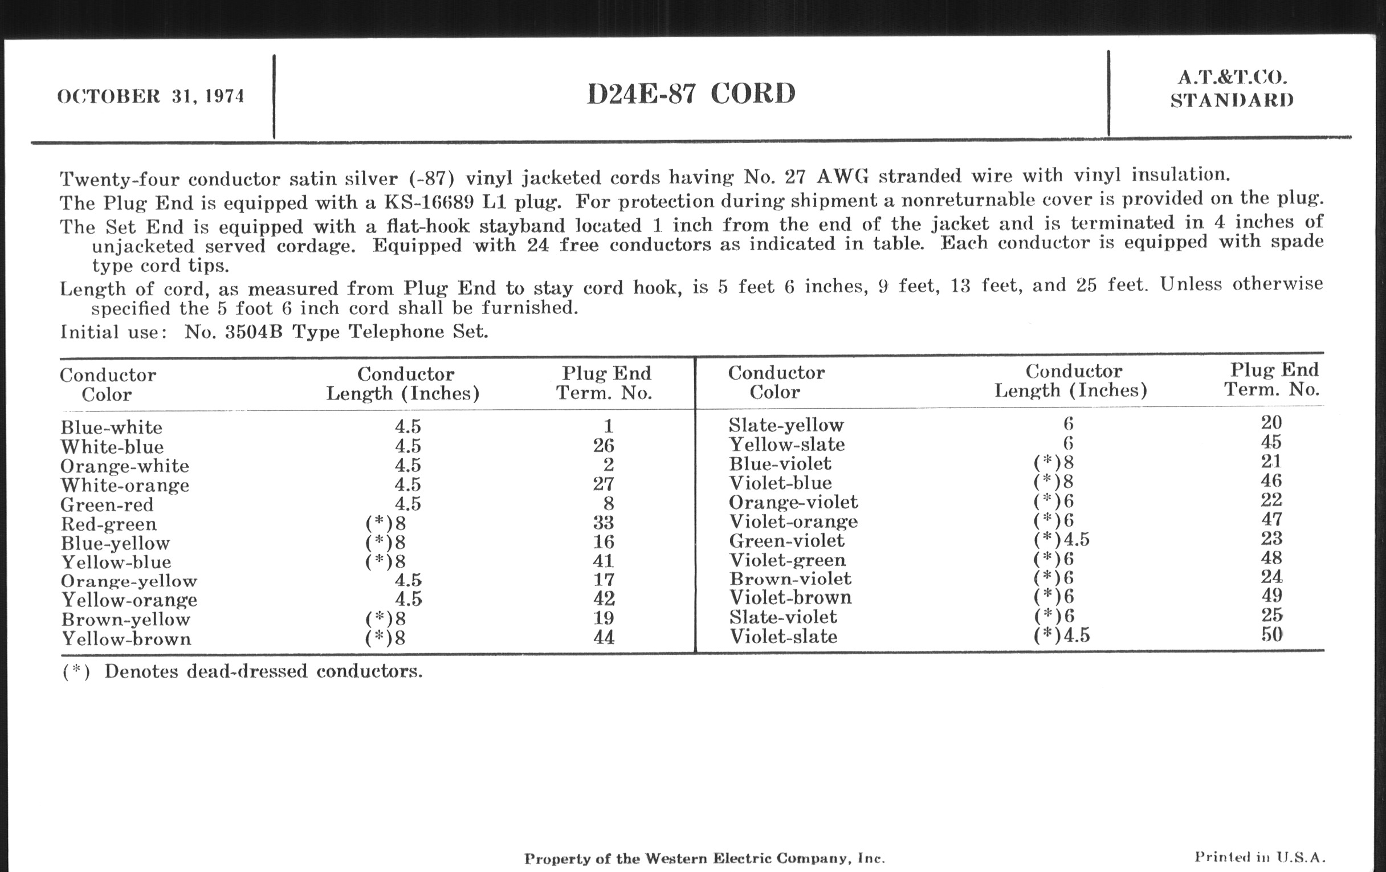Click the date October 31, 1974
pyautogui.click(x=151, y=96)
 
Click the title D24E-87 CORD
pyautogui.click(x=691, y=94)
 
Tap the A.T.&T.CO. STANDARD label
pyautogui.click(x=1232, y=89)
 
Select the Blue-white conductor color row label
pyautogui.click(x=111, y=427)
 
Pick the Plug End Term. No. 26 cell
pyautogui.click(x=603, y=446)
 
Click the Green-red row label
pyautogui.click(x=107, y=505)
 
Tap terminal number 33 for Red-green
pyautogui.click(x=603, y=523)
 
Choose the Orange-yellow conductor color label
pyautogui.click(x=129, y=581)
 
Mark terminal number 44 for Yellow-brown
pyautogui.click(x=603, y=637)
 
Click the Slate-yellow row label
pyautogui.click(x=786, y=425)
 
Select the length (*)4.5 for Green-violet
pyautogui.click(x=1061, y=539)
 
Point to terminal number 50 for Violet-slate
pyautogui.click(x=1271, y=634)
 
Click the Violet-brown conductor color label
pyautogui.click(x=790, y=597)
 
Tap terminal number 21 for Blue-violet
pyautogui.click(x=1271, y=462)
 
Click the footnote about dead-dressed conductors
pyautogui.click(x=242, y=672)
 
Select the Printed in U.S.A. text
pyautogui.click(x=1259, y=857)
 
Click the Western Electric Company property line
pyautogui.click(x=704, y=859)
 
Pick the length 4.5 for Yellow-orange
pyautogui.click(x=408, y=599)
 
